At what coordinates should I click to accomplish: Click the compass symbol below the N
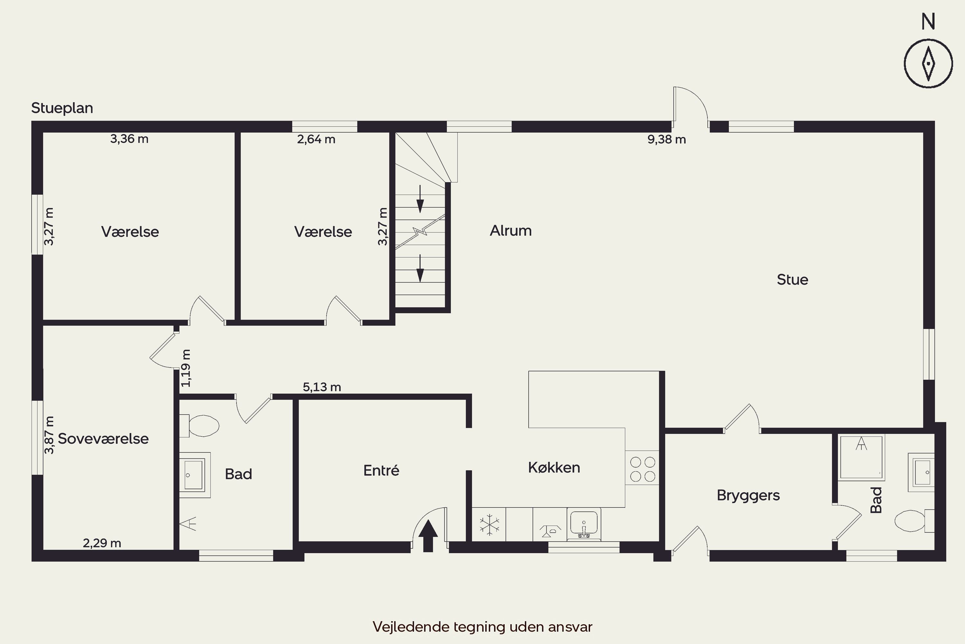[928, 64]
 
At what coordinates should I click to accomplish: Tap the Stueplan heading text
[62, 108]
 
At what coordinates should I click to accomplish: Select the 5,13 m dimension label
[322, 387]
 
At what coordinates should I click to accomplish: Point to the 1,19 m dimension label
[186, 368]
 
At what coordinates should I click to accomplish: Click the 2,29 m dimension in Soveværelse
[102, 544]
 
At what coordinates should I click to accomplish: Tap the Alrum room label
[511, 231]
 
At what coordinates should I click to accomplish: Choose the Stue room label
[793, 280]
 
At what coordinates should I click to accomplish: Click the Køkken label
[554, 468]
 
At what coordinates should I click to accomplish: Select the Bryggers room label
[749, 495]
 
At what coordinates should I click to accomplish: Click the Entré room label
[381, 470]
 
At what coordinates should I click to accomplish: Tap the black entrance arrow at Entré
[428, 536]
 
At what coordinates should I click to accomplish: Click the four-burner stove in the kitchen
[642, 469]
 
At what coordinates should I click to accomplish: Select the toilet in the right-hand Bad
[914, 521]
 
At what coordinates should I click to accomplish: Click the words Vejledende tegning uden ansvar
[482, 627]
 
